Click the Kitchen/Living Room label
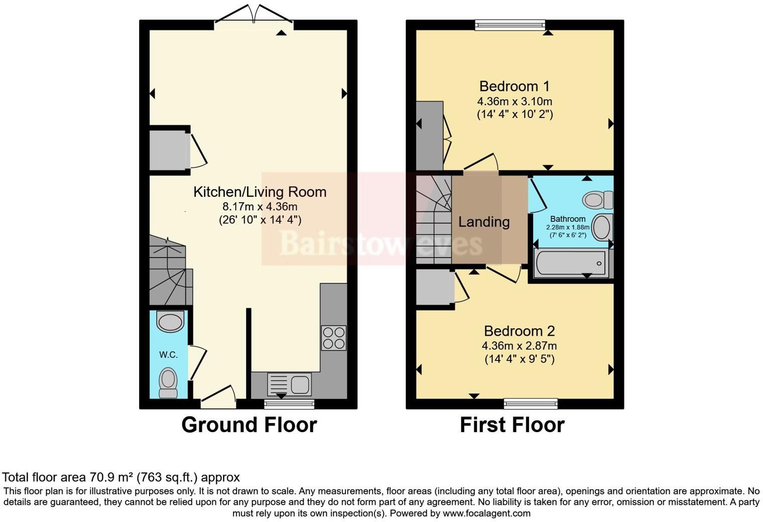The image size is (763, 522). (260, 192)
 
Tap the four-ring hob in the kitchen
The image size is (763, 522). (333, 338)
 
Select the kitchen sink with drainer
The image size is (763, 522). (290, 384)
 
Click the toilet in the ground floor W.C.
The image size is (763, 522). (168, 382)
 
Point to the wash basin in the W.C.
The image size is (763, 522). (170, 322)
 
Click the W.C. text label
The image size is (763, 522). (168, 355)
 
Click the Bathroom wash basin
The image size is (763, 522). (602, 227)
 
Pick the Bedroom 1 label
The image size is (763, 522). (515, 86)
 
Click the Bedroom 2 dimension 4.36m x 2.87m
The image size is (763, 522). (519, 346)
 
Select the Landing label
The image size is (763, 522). (484, 222)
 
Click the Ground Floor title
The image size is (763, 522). (249, 425)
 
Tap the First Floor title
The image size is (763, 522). (512, 425)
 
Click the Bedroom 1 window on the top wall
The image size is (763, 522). (510, 25)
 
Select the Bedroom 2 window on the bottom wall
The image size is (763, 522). (531, 404)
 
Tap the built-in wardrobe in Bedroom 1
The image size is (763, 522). (429, 136)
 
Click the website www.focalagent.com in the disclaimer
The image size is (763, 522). (486, 513)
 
